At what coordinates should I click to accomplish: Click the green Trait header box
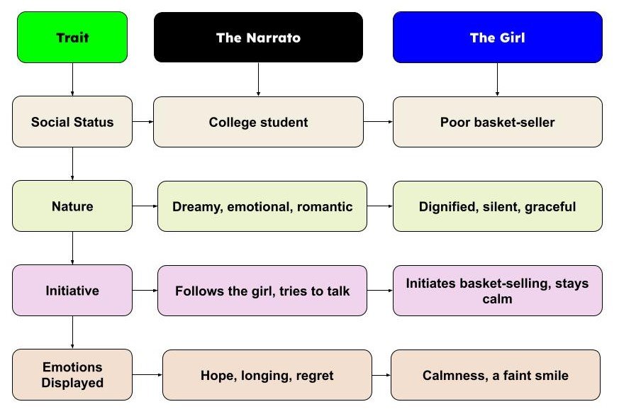[x=72, y=38]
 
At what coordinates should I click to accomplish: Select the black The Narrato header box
[x=258, y=38]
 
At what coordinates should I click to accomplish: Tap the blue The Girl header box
[x=497, y=38]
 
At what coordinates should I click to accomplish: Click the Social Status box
[x=72, y=122]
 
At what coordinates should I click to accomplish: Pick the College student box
[x=258, y=122]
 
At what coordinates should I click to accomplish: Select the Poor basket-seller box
[x=497, y=122]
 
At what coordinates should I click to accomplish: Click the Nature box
[x=72, y=206]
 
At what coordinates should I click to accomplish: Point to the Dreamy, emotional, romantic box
[x=262, y=206]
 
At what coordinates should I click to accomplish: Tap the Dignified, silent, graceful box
[x=497, y=206]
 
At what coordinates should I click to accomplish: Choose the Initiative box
[x=72, y=291]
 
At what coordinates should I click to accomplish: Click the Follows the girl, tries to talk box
[x=262, y=291]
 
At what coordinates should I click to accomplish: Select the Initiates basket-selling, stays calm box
[x=497, y=291]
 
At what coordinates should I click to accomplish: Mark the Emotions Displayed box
[x=72, y=375]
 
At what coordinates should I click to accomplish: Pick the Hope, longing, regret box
[x=267, y=375]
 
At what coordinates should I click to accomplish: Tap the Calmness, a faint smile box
[x=496, y=375]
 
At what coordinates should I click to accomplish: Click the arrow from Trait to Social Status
[x=72, y=79]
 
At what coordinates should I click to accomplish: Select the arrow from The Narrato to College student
[x=258, y=79]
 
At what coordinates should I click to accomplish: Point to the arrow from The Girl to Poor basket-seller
[x=497, y=79]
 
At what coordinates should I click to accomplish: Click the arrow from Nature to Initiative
[x=72, y=248]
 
